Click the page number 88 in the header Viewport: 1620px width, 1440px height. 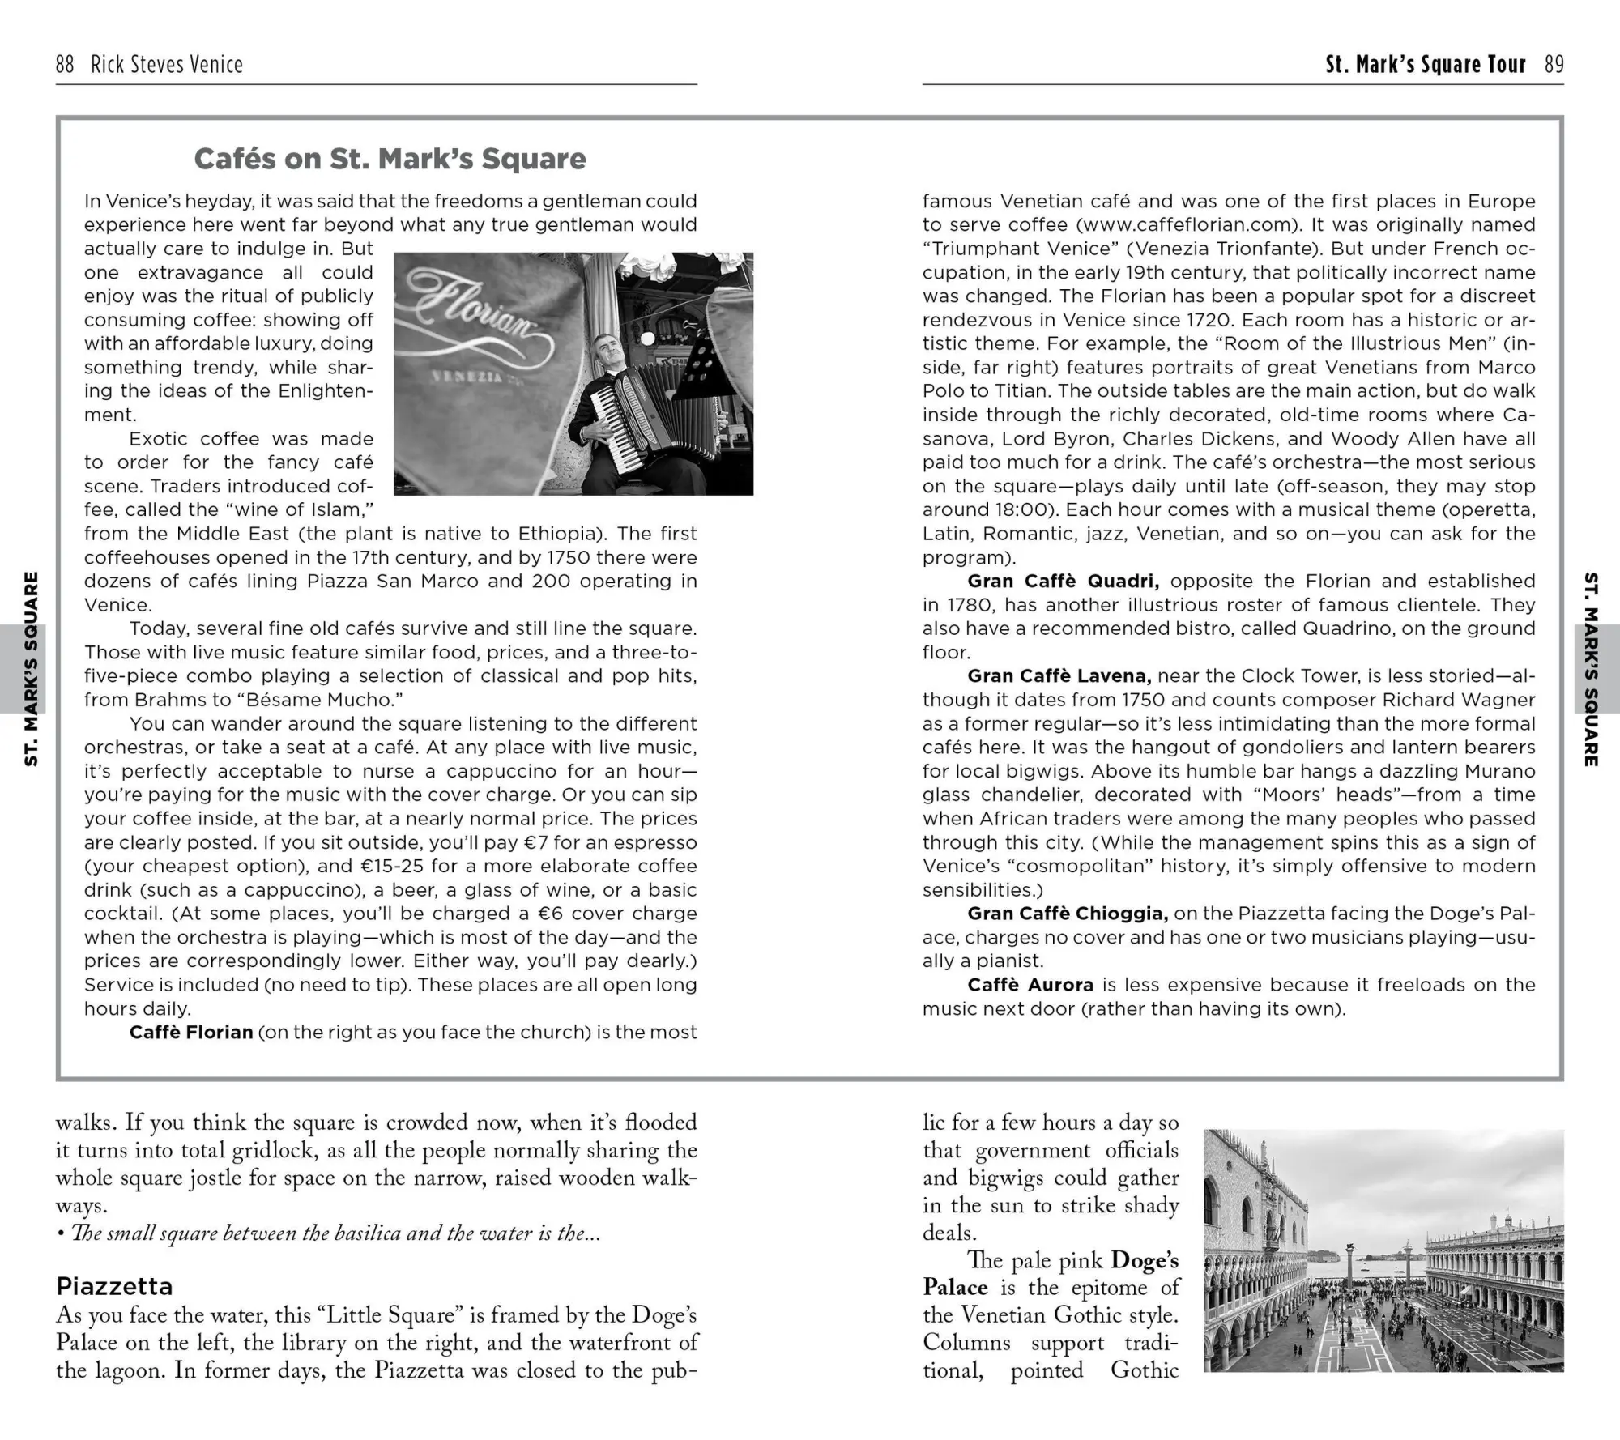pyautogui.click(x=65, y=64)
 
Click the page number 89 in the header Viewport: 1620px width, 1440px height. pyautogui.click(x=1554, y=64)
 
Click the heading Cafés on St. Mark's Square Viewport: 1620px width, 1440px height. pyautogui.click(x=390, y=159)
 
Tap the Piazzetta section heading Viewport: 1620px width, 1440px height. pyautogui.click(x=114, y=1286)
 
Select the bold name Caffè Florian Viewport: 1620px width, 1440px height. pyautogui.click(x=191, y=1032)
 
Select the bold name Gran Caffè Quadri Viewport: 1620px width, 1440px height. pyautogui.click(x=1063, y=581)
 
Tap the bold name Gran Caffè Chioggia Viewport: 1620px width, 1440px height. pyautogui.click(x=1068, y=913)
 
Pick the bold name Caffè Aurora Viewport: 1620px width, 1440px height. pyautogui.click(x=1030, y=985)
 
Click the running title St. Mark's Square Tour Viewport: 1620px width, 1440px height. pyautogui.click(x=1426, y=64)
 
